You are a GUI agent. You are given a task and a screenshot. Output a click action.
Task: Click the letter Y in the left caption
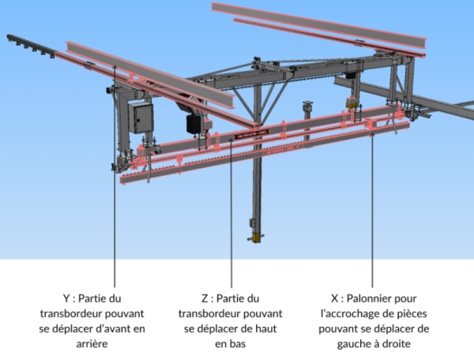pyautogui.click(x=66, y=298)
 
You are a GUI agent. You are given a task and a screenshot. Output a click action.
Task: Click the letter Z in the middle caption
pyautogui.click(x=205, y=298)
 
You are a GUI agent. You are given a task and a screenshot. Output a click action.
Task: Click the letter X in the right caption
pyautogui.click(x=334, y=298)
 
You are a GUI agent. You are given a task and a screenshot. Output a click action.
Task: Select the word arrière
pyautogui.click(x=92, y=344)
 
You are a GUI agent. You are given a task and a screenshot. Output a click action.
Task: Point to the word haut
pyautogui.click(x=267, y=328)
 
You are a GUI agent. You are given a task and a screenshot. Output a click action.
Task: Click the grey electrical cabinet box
pyautogui.click(x=141, y=118)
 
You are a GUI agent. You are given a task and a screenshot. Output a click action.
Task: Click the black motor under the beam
pyautogui.click(x=194, y=124)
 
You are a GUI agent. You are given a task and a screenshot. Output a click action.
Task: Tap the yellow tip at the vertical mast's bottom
pyautogui.click(x=256, y=238)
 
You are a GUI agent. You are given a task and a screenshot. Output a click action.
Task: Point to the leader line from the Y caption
pyautogui.click(x=115, y=176)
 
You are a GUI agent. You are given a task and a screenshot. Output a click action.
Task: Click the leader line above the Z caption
pyautogui.click(x=231, y=212)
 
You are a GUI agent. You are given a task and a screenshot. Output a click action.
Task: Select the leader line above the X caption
pyautogui.click(x=372, y=211)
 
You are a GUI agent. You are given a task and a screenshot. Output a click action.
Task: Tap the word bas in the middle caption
pyautogui.click(x=239, y=344)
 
